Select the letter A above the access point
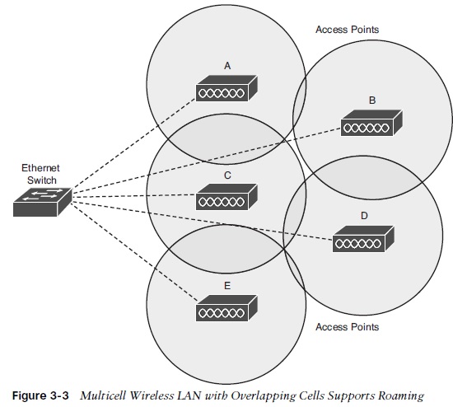point(226,64)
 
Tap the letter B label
point(372,100)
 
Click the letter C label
point(226,175)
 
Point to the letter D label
point(364,216)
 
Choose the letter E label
point(226,285)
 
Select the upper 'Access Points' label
point(347,30)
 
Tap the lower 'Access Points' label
point(347,327)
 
